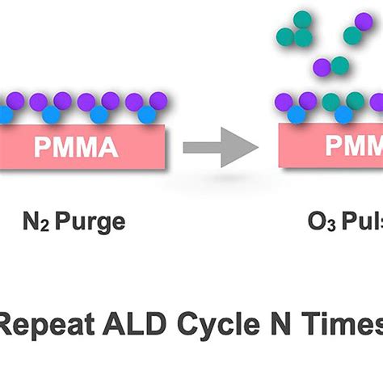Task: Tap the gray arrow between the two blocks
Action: [220, 147]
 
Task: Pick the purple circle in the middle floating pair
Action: [322, 67]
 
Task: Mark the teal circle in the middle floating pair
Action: [340, 64]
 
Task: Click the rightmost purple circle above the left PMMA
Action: [159, 100]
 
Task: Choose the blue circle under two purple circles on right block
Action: [297, 115]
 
